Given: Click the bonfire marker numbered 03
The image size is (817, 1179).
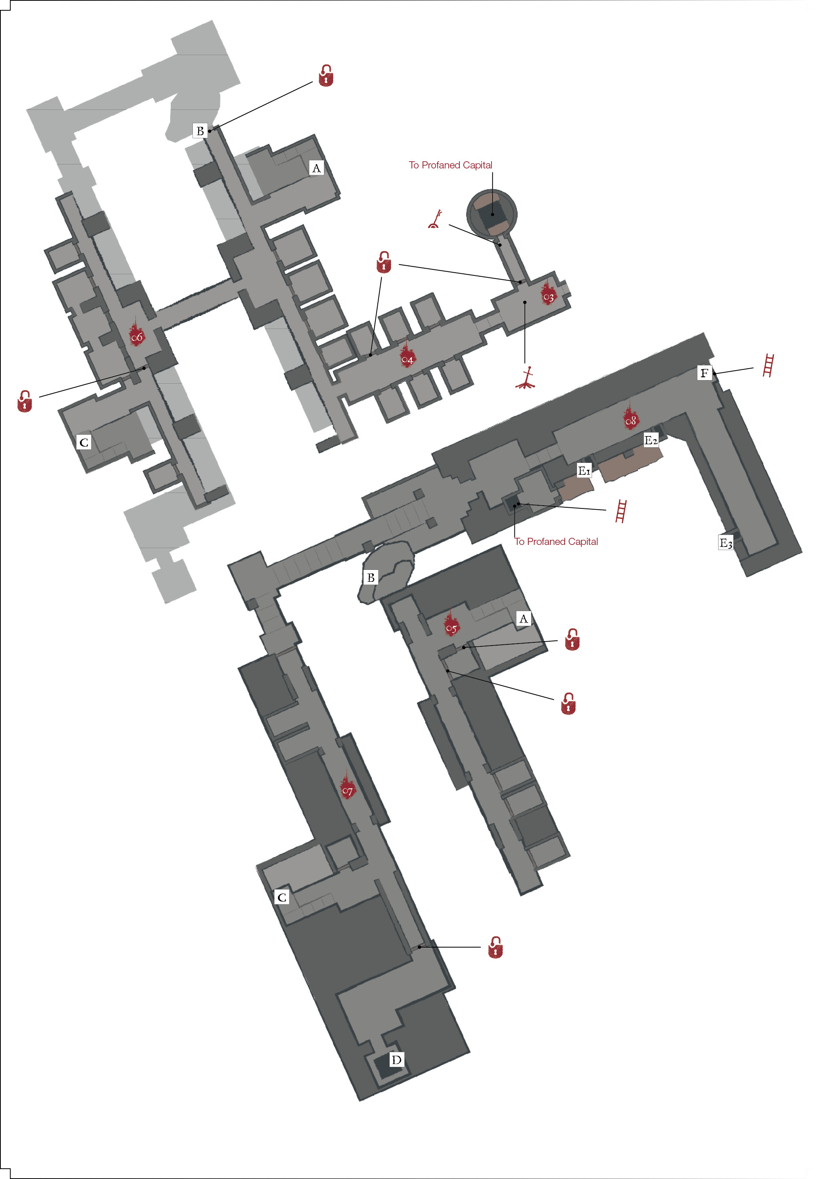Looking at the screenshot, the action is (548, 293).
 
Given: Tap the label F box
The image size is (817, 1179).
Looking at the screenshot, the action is (705, 373).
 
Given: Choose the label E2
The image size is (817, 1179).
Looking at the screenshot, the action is (651, 440).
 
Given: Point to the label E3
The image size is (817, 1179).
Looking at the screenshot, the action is (726, 543).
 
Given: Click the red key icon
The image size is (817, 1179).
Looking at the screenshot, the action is (435, 219).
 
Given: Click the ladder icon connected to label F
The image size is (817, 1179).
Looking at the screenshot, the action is (768, 365).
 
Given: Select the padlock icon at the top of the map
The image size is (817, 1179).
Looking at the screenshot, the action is (326, 75).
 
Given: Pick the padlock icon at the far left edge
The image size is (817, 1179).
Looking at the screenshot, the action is (25, 401).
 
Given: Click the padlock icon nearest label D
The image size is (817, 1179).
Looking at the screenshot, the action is (495, 947).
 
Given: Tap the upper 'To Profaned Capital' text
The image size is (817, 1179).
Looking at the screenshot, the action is (450, 165).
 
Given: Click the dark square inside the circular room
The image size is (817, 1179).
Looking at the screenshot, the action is (492, 214).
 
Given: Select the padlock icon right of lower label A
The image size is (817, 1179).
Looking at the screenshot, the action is (572, 639).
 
